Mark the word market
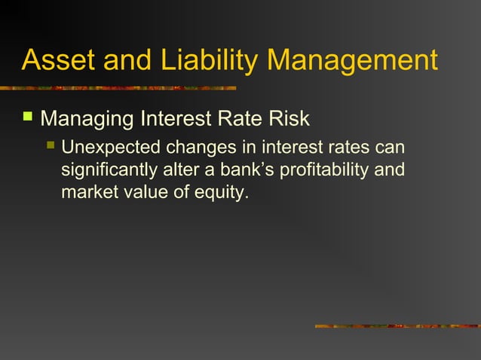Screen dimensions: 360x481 click(85, 193)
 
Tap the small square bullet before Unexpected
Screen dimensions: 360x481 click(51, 144)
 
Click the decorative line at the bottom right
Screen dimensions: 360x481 click(397, 326)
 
